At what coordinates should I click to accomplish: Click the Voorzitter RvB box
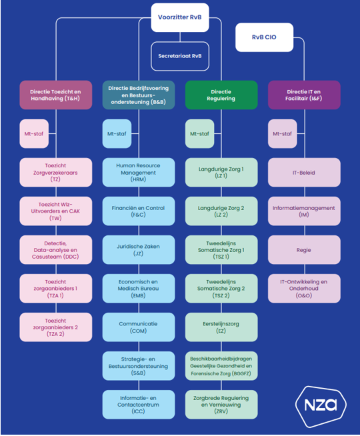180,17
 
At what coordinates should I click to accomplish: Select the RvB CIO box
264,37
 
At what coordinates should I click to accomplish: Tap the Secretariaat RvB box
180,56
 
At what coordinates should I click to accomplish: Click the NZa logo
321,407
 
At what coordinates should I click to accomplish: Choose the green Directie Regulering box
221,95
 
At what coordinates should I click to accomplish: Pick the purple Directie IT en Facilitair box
304,95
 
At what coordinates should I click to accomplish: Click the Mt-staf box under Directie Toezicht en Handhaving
34,134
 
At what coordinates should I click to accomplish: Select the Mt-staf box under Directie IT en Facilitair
282,134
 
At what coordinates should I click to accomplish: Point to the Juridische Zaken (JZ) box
139,250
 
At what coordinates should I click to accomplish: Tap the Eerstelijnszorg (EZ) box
221,327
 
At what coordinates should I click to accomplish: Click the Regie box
304,250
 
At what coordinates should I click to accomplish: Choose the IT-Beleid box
304,173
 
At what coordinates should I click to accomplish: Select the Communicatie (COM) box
139,327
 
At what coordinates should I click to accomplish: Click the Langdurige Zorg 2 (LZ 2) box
221,211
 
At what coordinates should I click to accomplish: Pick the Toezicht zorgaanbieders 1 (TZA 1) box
55,289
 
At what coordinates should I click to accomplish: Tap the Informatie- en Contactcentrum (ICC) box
139,404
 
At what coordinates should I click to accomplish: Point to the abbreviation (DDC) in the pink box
71,257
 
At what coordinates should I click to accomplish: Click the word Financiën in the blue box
122,208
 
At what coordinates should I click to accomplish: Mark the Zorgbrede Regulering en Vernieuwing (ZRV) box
221,404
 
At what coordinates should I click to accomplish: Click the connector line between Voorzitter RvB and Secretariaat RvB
180,37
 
